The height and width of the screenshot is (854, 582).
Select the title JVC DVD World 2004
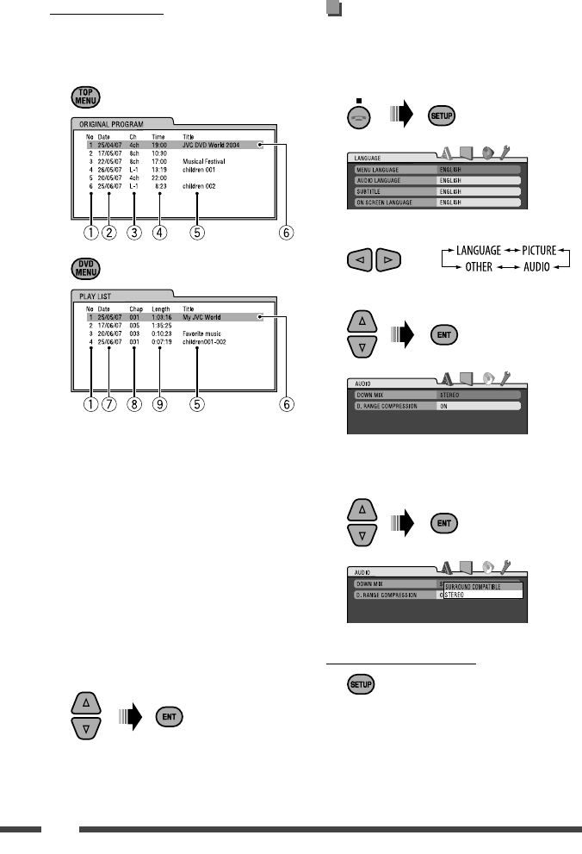(x=220, y=146)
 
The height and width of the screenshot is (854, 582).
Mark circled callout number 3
(x=134, y=231)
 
